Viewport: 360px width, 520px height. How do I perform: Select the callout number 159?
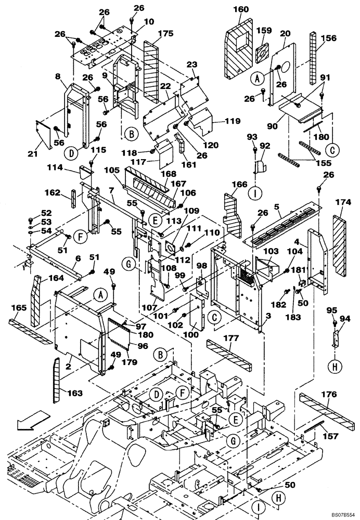click(x=265, y=31)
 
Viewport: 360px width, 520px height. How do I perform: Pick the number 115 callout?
click(x=98, y=150)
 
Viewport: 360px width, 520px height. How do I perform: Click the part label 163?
click(x=75, y=393)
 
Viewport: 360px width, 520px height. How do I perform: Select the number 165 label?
click(x=19, y=308)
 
